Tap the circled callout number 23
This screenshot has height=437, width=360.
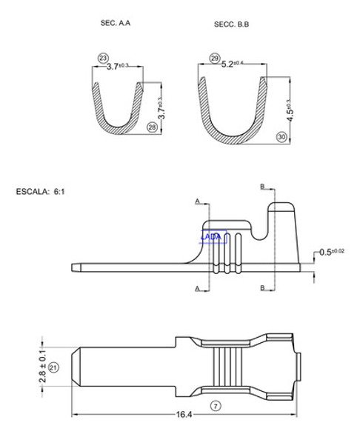coord(102,58)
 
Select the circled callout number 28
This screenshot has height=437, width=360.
coord(152,127)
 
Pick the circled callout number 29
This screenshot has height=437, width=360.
coord(215,58)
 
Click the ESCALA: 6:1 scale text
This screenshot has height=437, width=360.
coord(41,191)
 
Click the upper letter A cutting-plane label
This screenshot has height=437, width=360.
coord(198,201)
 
